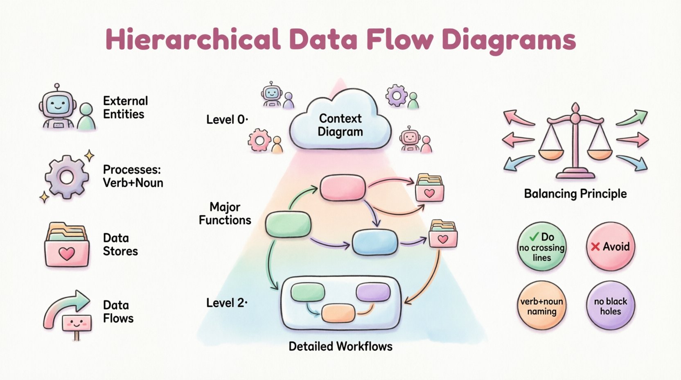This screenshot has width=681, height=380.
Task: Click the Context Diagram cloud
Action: coord(340,125)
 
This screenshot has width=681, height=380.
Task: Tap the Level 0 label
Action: coord(226,120)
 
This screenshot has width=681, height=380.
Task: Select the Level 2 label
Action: coord(226,303)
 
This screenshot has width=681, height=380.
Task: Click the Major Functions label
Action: coord(225,213)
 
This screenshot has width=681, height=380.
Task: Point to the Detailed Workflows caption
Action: coord(340,346)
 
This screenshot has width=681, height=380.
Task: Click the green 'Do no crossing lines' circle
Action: coord(542,247)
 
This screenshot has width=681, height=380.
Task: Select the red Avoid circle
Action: coord(610,247)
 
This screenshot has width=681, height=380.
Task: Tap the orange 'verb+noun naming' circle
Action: coord(542,306)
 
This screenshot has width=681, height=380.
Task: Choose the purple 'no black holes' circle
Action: coord(610,306)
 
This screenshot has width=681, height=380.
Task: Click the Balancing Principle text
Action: coord(575,194)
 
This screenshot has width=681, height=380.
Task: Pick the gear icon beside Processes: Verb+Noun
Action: coord(67,177)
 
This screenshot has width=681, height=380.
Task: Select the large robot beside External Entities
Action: coord(58,107)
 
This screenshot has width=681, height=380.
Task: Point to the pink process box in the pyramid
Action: coord(342,188)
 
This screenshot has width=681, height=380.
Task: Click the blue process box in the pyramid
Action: coord(375,242)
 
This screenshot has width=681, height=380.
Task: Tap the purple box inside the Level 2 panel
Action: coord(373,292)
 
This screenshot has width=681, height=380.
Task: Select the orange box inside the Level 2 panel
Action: coord(338,313)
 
